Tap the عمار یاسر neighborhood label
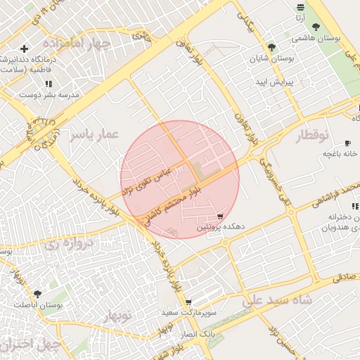pyautogui.click(x=94, y=134)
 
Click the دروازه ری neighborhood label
pyautogui.click(x=68, y=244)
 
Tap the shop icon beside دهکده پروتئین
pyautogui.click(x=221, y=217)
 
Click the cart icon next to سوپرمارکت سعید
pyautogui.click(x=188, y=301)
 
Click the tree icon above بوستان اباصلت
pyautogui.click(x=37, y=294)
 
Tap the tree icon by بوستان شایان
pyautogui.click(x=272, y=48)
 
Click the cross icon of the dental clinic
pyautogui.click(x=25, y=49)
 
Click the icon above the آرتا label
pyautogui.click(x=301, y=7)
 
